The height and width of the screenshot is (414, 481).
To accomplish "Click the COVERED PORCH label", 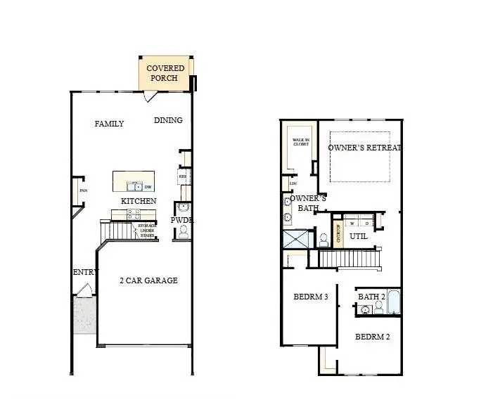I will click(x=165, y=73).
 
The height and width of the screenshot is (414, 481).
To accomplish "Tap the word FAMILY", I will click(x=109, y=124).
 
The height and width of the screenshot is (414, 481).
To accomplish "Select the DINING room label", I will click(x=168, y=120).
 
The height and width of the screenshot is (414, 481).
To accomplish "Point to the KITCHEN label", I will click(x=139, y=201).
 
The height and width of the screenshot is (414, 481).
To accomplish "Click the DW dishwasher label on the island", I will click(x=148, y=186).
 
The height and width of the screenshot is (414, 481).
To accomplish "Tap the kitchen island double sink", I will click(x=133, y=186).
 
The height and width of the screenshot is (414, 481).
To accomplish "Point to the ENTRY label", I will click(x=84, y=272).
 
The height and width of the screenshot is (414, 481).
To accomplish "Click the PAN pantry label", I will click(x=82, y=190).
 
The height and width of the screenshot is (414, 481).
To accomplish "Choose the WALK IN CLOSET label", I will click(x=302, y=143).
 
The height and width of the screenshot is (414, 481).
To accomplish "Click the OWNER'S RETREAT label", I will click(x=364, y=148).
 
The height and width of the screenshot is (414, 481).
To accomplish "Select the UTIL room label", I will click(x=359, y=237).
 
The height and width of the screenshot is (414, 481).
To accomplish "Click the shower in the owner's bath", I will click(x=296, y=239).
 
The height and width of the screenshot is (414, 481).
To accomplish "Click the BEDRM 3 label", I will click(x=311, y=297).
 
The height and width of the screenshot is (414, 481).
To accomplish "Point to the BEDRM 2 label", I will click(x=372, y=337).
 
